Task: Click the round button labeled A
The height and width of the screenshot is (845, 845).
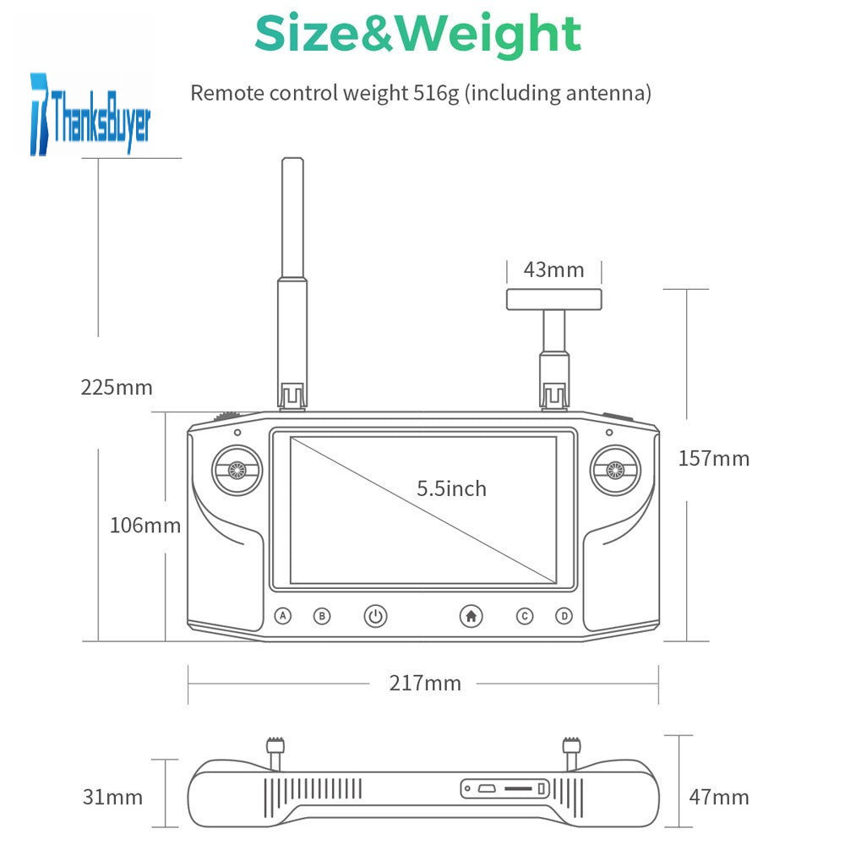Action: click(283, 615)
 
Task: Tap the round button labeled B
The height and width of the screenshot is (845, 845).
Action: click(322, 615)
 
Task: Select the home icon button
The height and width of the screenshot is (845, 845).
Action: click(471, 615)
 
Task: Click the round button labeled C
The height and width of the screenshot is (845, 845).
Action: click(525, 615)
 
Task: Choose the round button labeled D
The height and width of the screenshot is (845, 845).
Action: click(564, 615)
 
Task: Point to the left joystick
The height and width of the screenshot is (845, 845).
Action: click(237, 470)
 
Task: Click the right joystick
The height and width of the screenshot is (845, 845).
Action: click(615, 470)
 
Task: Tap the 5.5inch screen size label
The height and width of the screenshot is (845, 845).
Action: click(451, 488)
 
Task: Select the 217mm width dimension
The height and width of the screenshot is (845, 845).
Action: click(425, 683)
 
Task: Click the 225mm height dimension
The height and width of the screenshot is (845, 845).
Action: click(117, 388)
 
